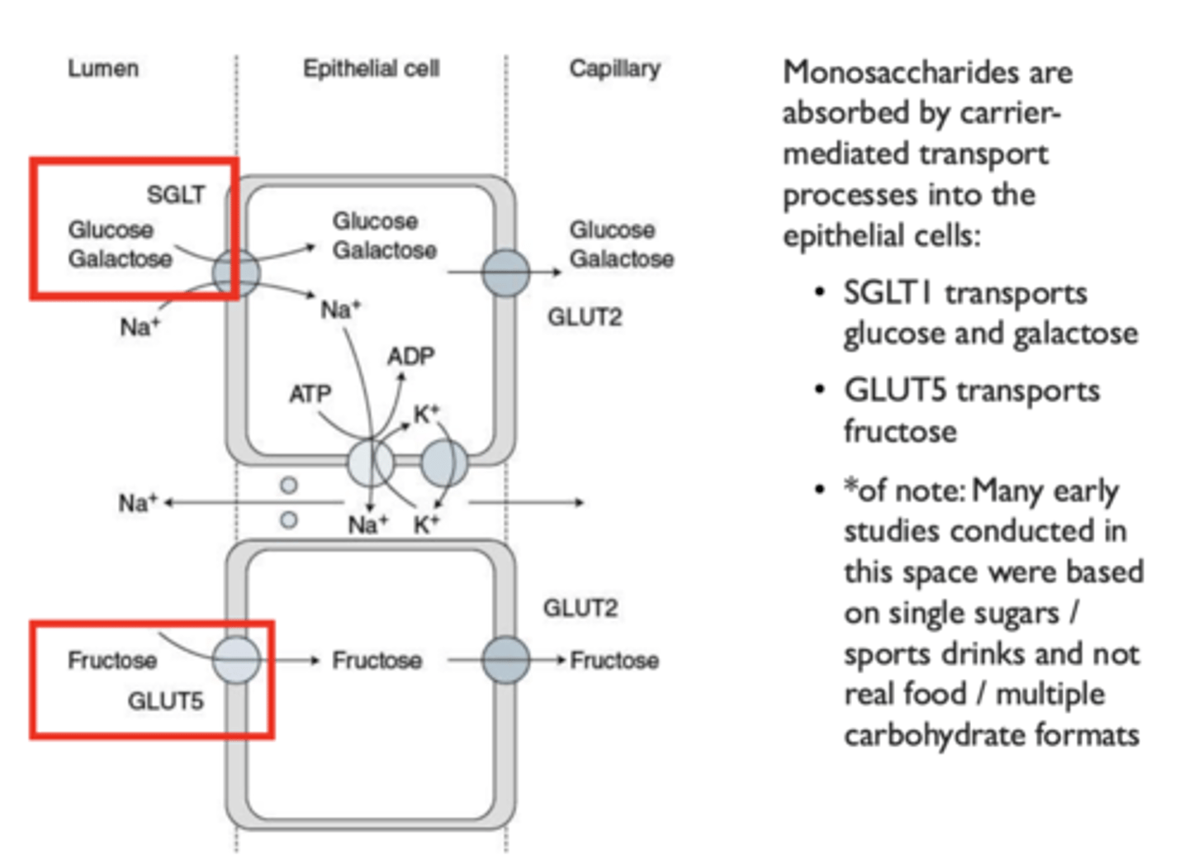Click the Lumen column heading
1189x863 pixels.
coord(102,68)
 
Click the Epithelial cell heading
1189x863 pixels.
coord(371,68)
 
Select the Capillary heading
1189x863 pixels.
coord(614,68)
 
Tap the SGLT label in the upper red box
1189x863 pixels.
coord(176,194)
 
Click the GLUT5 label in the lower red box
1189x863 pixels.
coord(165,701)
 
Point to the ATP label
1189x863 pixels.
coord(310,394)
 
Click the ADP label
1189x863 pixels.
coord(410,356)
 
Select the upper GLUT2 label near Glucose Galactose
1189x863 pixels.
coord(585,317)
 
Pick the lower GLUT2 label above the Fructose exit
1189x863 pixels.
coord(580,609)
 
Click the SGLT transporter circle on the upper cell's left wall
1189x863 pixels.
coord(236,273)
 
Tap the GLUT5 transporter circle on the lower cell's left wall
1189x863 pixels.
coord(236,659)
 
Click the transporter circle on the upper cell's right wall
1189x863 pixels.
coord(505,273)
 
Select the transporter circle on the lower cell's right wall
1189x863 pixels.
coord(505,659)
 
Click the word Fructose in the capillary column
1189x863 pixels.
coord(614,661)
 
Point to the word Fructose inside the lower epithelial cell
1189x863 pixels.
coord(377,661)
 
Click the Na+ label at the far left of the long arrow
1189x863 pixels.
coord(137,502)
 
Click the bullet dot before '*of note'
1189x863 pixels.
coord(819,490)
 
